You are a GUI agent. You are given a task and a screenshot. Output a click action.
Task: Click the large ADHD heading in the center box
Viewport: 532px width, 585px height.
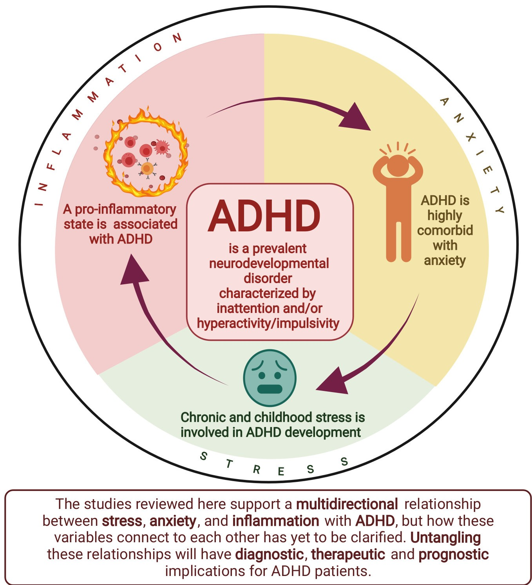click(264, 217)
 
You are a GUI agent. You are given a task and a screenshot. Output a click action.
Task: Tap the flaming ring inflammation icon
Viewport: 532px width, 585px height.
click(146, 154)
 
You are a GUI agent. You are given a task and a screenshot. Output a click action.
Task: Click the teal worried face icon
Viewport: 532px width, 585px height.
click(270, 378)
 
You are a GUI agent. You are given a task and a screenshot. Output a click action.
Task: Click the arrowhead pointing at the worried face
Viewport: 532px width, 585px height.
click(333, 383)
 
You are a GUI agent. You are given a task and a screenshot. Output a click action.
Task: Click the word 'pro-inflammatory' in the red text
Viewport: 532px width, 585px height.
click(125, 209)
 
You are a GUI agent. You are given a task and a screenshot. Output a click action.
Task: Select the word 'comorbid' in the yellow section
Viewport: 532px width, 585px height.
click(445, 230)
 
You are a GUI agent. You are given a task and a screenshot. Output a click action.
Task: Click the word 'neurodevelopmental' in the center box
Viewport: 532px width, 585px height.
click(269, 263)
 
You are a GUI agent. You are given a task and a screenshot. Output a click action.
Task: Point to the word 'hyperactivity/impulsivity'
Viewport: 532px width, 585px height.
click(268, 323)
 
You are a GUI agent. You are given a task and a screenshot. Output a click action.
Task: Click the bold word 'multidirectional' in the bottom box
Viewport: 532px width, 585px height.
click(347, 504)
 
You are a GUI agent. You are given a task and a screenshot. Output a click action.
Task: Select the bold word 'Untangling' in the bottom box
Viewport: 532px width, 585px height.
click(445, 538)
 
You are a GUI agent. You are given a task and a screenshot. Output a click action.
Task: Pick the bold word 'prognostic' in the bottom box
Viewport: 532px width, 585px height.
click(454, 554)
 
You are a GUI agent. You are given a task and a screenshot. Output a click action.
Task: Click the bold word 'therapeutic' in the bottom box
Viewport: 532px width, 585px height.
click(348, 554)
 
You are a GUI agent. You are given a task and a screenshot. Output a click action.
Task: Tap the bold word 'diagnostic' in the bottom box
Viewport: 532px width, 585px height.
click(270, 554)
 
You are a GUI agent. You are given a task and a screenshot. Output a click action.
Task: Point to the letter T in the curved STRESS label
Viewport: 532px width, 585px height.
click(229, 464)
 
